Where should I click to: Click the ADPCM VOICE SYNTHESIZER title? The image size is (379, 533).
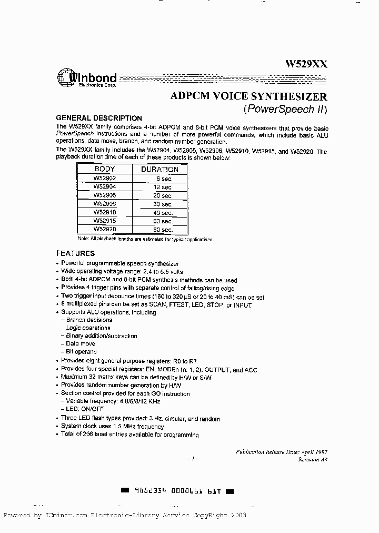(x=249, y=96)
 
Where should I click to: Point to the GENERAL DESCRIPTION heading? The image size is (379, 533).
(x=99, y=119)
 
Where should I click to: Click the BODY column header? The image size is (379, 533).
(x=104, y=169)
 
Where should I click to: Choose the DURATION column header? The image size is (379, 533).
(x=159, y=170)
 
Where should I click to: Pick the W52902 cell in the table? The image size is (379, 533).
(x=104, y=179)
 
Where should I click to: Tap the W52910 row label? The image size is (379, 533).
(x=104, y=212)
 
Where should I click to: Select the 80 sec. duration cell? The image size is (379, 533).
(x=163, y=230)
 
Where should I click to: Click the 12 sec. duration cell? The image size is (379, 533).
(x=163, y=187)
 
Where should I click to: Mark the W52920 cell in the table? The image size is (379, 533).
(x=104, y=229)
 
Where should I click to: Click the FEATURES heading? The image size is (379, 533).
(x=75, y=253)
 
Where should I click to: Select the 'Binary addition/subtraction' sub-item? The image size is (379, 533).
(x=102, y=336)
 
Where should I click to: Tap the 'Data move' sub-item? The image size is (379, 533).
(x=81, y=344)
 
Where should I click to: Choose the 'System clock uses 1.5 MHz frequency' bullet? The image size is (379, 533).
(x=112, y=427)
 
